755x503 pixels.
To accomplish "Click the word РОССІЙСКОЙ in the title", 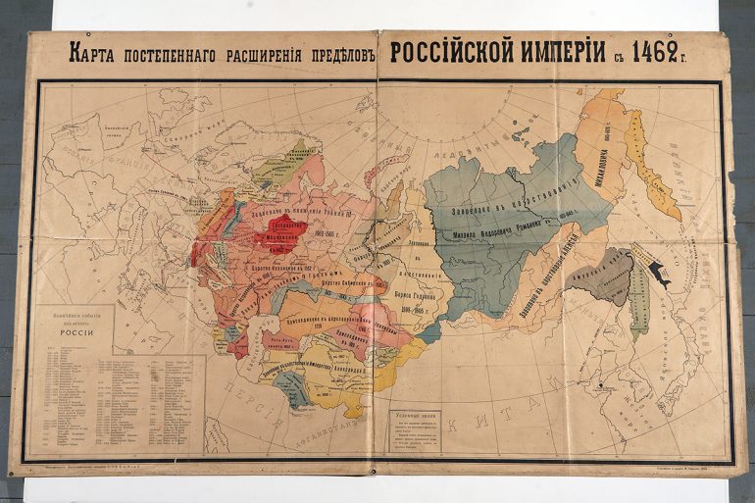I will [x=450, y=52].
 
